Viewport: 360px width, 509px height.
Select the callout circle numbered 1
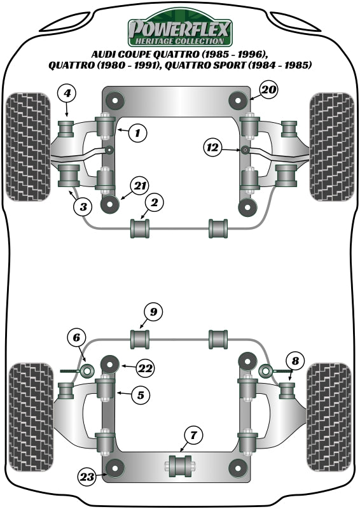(137, 133)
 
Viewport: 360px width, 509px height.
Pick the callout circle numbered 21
(140, 186)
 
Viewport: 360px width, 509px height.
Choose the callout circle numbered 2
(155, 203)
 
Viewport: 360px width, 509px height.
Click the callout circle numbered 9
(153, 312)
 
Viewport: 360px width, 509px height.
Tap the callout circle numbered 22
(146, 367)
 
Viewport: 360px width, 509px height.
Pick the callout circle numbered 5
(141, 394)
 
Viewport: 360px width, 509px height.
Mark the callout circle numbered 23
(88, 476)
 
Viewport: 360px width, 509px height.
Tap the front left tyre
(28, 148)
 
